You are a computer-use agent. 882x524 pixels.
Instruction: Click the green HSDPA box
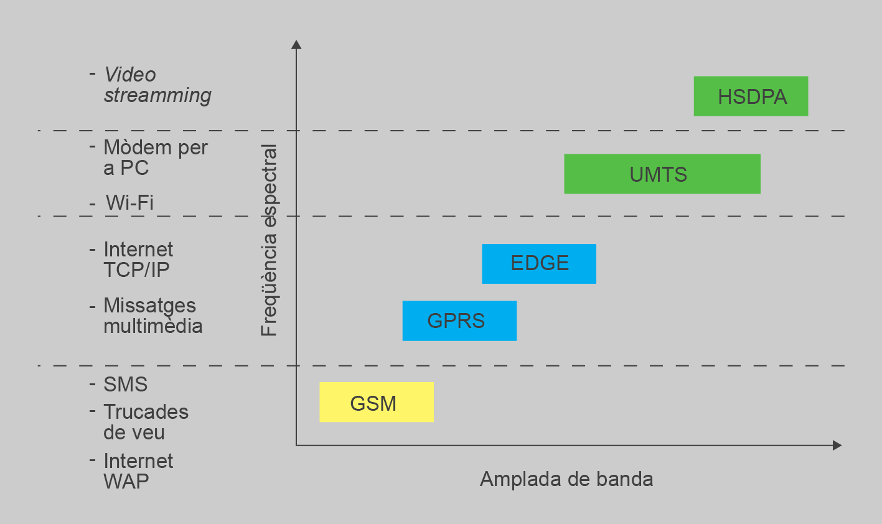751,96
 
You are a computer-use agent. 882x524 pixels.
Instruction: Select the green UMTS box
662,174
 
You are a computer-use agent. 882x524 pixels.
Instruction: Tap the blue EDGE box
539,263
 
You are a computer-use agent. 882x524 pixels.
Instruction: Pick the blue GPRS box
459,320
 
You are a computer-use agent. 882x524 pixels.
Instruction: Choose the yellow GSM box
376,402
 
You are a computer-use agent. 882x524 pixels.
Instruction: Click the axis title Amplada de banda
566,479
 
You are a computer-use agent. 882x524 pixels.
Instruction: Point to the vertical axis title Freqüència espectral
269,240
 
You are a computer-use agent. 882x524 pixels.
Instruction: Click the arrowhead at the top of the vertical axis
296,44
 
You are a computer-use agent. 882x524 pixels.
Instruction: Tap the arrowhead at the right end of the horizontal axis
837,445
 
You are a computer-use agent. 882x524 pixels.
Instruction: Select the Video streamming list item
157,85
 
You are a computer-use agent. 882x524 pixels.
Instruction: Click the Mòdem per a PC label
154,157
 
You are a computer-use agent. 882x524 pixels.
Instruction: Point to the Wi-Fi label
129,202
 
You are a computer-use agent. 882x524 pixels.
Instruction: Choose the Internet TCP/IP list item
138,260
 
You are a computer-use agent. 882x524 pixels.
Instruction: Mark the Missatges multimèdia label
152,316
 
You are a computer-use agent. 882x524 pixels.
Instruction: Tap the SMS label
125,384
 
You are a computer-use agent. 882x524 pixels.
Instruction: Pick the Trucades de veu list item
146,422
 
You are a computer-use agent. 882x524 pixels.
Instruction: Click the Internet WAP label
138,471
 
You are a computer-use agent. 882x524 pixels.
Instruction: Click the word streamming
157,95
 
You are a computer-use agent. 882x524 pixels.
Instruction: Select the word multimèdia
152,326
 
